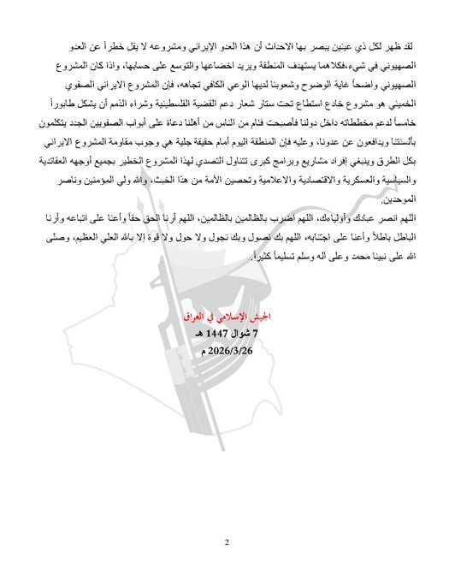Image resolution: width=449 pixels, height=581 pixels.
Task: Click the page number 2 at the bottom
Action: (x=227, y=542)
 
